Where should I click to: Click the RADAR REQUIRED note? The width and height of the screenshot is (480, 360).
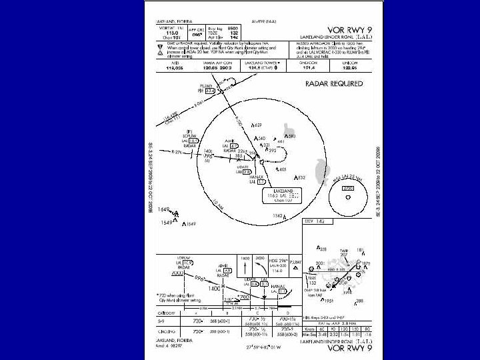pos(335,83)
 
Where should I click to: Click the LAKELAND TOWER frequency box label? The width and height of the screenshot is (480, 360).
pos(265,62)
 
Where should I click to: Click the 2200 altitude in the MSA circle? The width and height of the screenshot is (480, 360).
pos(347,188)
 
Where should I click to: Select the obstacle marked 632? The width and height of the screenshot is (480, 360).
pos(301,177)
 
